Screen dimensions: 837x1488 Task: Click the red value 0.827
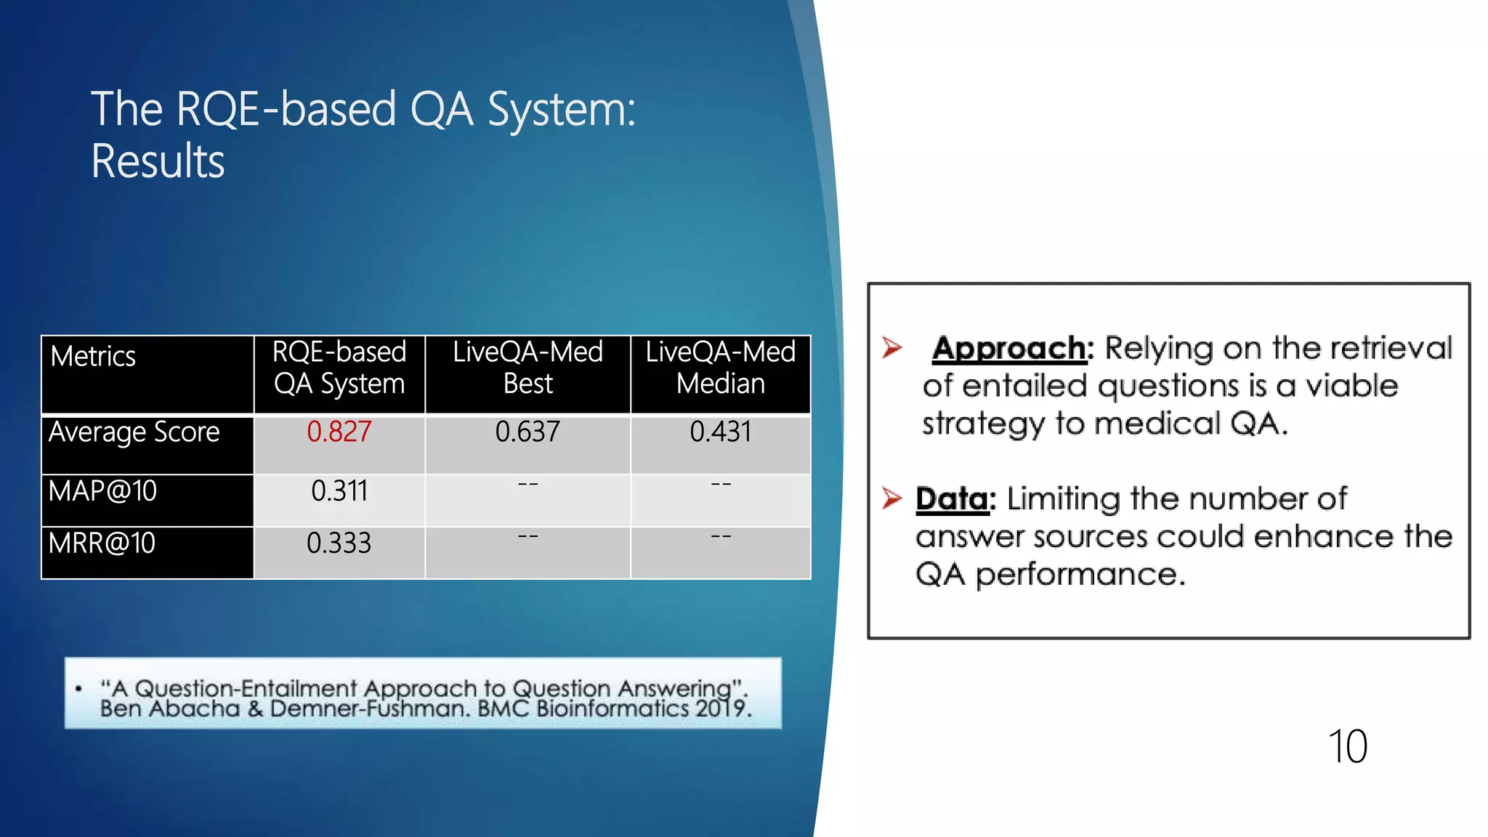339,432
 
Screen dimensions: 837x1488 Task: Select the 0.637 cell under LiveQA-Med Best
527,432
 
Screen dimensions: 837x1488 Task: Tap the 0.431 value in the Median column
720,432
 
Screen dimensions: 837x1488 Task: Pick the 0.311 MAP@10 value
339,491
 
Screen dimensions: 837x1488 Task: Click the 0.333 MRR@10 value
339,543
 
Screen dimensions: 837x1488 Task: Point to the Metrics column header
93,357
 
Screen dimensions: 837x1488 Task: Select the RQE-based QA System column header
339,368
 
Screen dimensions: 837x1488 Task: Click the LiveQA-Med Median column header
720,368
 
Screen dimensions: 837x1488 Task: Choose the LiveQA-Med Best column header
527,368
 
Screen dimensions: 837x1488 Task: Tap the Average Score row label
134,432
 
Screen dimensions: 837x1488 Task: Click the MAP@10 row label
102,491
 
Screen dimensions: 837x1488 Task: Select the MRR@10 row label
102,543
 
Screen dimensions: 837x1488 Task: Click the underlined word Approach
1009,349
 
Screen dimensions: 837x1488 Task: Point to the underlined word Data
953,499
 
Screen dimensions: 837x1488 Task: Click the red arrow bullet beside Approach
891,347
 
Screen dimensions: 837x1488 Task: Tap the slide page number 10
1347,747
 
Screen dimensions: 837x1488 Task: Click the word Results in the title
158,161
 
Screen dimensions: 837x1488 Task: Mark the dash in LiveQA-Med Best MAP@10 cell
527,484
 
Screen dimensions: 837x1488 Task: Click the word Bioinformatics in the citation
612,708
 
